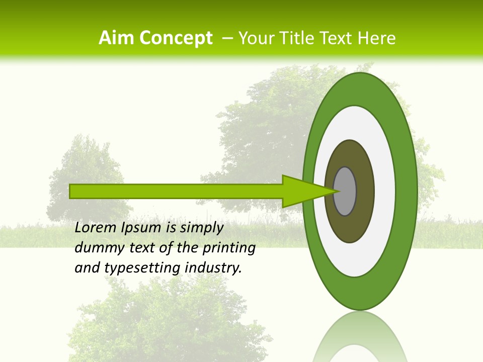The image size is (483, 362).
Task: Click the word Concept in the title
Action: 176,38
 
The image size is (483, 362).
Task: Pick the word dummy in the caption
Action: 97,248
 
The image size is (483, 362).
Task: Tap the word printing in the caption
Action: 229,248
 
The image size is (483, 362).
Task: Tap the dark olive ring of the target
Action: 365,191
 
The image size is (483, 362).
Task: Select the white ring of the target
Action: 384,191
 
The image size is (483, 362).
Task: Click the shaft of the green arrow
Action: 176,191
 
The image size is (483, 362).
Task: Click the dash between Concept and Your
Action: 226,39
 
